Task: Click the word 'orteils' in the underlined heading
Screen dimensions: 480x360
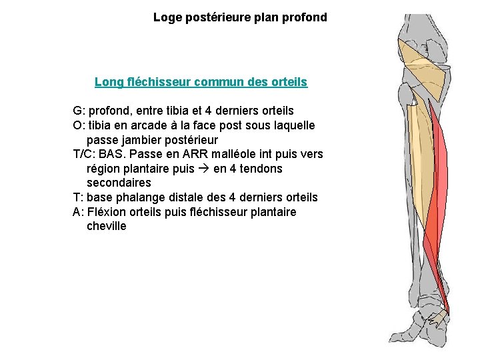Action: pos(288,82)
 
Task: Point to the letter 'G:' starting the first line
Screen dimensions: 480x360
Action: pos(79,110)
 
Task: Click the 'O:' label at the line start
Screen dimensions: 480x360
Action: pos(79,125)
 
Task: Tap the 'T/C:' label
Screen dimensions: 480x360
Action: pos(86,154)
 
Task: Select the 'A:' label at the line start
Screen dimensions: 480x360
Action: pos(79,212)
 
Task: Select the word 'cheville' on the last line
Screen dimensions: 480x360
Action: pos(106,227)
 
